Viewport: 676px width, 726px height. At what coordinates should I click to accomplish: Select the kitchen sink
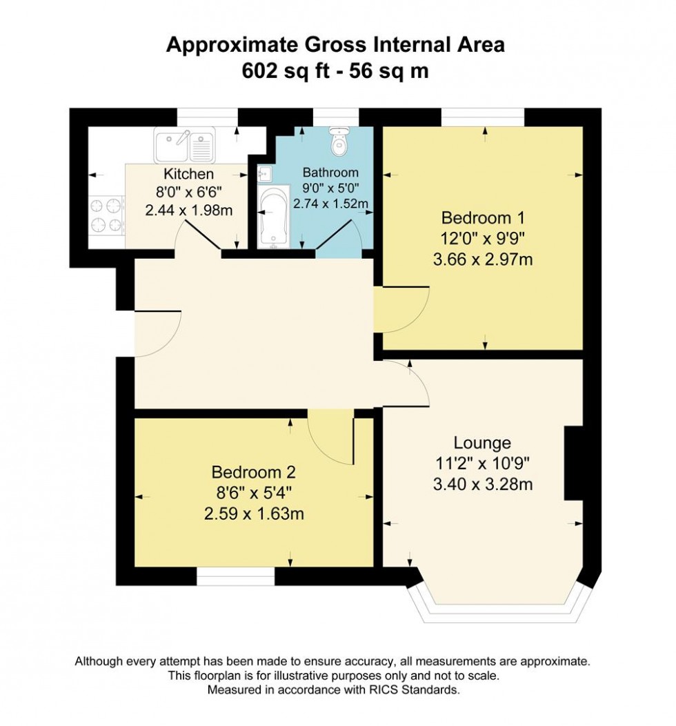coord(185,144)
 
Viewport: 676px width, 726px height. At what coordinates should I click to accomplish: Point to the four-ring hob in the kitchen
coord(106,215)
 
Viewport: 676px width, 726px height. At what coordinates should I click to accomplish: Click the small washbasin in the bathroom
coord(266,174)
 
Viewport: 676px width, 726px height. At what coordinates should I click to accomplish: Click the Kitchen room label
coord(189,174)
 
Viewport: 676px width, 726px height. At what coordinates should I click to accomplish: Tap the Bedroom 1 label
coord(484,217)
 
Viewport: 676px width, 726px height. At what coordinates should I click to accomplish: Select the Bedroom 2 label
coord(254,472)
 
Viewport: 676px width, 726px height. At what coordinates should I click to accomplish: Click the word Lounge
coord(482,443)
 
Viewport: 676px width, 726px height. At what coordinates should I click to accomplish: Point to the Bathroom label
coord(330,173)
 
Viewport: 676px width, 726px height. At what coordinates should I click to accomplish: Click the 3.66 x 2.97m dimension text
coord(483,259)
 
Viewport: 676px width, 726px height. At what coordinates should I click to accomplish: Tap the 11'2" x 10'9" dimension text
coord(482,464)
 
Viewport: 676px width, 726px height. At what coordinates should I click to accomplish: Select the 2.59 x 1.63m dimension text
coord(254,514)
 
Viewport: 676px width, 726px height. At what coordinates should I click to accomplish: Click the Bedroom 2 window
coord(235,576)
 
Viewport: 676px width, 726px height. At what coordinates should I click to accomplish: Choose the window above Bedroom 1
coord(483,117)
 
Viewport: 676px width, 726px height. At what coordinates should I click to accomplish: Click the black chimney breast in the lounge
coord(573,463)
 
